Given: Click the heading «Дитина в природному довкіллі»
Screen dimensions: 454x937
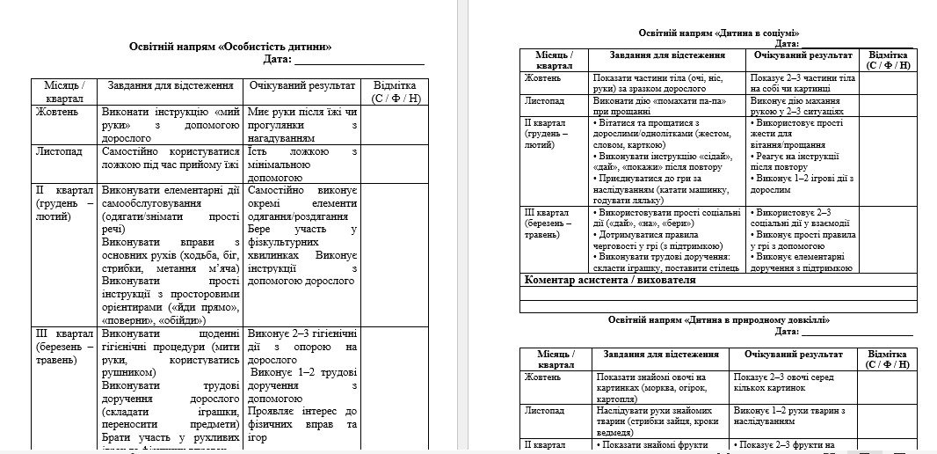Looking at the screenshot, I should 719,320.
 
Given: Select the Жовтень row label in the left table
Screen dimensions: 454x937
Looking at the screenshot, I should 57,113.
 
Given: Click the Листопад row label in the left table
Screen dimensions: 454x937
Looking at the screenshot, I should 59,151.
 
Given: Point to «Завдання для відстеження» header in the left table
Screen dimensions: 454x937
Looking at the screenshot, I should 170,86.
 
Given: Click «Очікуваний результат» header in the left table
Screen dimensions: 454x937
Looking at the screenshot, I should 301,86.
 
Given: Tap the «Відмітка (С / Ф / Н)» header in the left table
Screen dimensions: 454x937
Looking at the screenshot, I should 396,92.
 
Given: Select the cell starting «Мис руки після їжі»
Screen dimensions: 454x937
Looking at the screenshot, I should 301,125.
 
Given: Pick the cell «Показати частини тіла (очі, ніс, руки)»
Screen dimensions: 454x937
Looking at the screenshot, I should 668,84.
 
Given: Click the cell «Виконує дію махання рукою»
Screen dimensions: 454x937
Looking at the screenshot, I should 802,107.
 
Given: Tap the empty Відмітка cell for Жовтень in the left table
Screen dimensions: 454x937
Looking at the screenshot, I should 396,125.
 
